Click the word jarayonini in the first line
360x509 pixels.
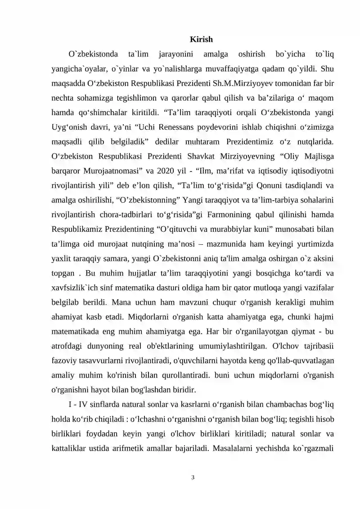pos(176,54)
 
